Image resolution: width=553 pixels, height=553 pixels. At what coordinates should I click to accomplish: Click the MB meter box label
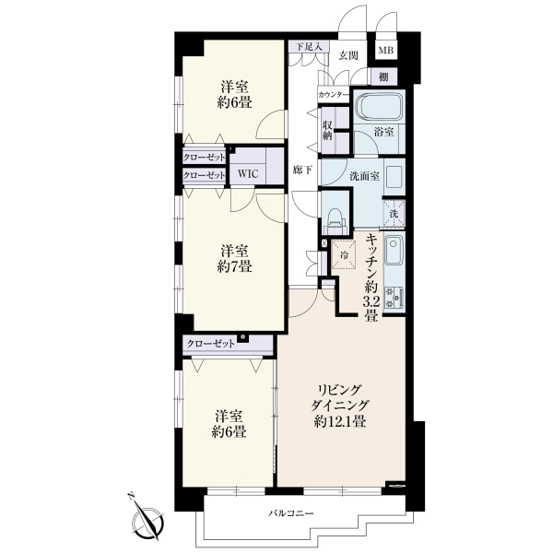(x=386, y=51)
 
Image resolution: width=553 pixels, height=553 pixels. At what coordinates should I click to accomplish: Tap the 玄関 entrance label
(x=348, y=55)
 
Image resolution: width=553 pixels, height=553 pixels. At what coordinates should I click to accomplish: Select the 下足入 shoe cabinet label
(x=309, y=47)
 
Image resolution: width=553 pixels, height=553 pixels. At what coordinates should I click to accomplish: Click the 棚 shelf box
(x=383, y=76)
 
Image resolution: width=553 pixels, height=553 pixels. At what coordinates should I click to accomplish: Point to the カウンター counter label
(x=334, y=95)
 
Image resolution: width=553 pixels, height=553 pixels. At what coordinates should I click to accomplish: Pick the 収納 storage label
(x=327, y=131)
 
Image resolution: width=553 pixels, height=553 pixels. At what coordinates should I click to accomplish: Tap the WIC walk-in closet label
(x=248, y=173)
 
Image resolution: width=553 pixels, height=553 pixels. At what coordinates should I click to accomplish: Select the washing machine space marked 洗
(x=394, y=214)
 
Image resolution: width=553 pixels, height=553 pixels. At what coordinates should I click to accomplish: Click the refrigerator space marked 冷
(x=344, y=254)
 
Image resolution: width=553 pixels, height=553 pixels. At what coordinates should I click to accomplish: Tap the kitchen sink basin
(x=394, y=251)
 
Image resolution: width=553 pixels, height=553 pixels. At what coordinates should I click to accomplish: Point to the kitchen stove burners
(x=394, y=298)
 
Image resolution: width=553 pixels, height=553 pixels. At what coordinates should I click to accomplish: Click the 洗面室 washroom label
(x=364, y=176)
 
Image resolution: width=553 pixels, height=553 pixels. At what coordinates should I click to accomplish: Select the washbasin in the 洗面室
(x=394, y=176)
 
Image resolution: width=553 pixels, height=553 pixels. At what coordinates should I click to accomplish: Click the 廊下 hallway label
(x=302, y=170)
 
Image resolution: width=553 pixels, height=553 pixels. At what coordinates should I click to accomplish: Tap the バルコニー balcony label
(x=291, y=512)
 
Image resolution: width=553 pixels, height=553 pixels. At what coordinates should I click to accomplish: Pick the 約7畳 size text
(x=234, y=266)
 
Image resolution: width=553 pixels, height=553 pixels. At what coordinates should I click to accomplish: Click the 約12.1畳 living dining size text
(x=339, y=421)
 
